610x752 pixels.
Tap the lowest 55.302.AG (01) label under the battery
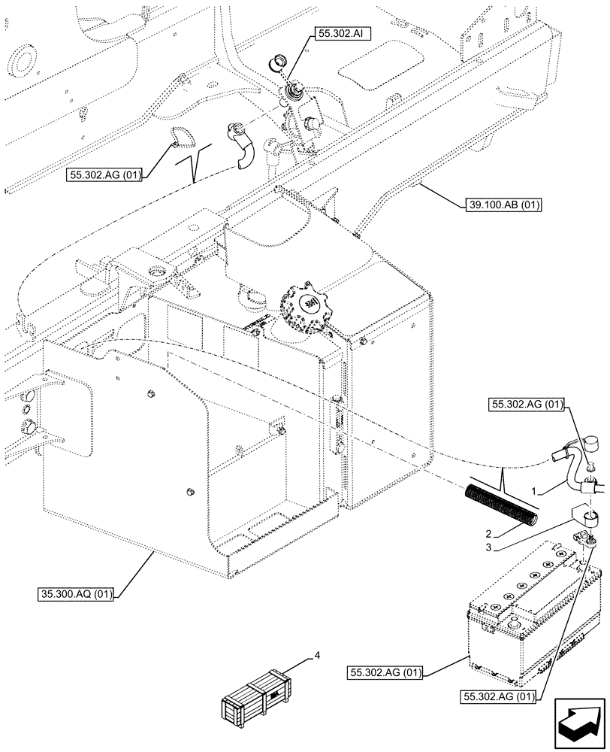499,696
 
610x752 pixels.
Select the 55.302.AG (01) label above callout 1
527,405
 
